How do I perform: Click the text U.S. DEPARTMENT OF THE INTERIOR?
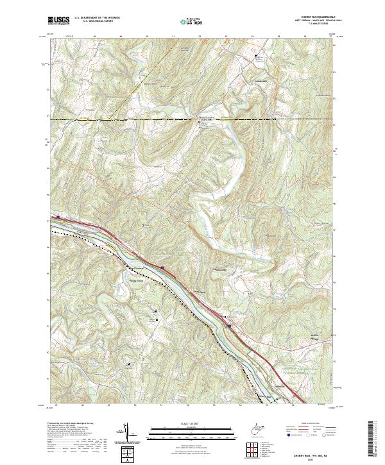point(97,18)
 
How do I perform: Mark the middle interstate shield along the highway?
point(163,268)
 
